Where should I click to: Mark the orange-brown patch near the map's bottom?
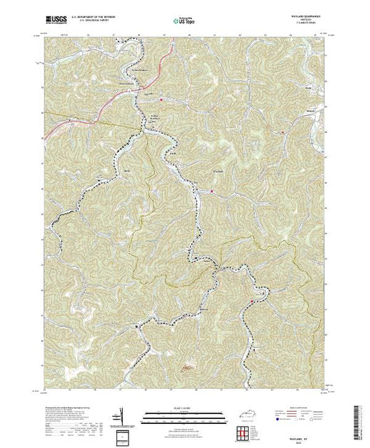pyautogui.click(x=186, y=368)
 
